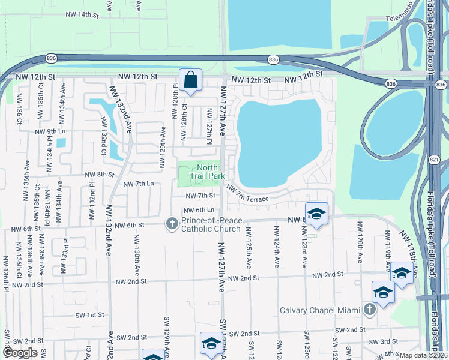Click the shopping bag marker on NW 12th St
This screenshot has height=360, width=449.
coord(190,80)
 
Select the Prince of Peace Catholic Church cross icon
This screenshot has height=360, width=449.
coord(172,224)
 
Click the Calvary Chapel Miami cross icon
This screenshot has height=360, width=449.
coord(370,310)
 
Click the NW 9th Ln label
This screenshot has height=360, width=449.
coord(50,131)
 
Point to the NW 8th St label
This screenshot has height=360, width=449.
coord(99,175)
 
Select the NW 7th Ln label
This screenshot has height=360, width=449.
coord(138,184)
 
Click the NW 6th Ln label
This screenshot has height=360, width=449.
coord(199,210)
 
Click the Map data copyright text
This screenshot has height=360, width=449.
coord(424,355)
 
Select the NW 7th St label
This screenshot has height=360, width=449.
coord(200,196)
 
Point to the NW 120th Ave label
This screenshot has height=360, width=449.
coord(360,242)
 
